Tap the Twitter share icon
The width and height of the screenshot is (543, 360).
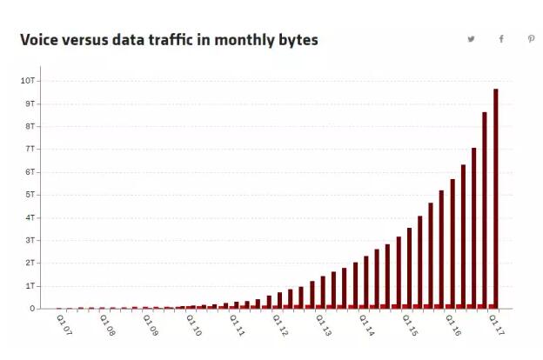[471, 39]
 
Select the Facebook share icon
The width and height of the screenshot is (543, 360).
[501, 39]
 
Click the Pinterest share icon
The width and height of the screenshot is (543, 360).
[531, 39]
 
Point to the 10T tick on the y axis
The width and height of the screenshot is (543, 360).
[28, 81]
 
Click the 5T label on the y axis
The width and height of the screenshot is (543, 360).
[30, 195]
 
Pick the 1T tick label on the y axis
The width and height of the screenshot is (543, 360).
[30, 286]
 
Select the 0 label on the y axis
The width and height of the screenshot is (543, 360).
[32, 309]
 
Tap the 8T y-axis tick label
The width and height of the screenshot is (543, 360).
[30, 126]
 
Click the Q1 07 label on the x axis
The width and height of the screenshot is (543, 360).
[64, 324]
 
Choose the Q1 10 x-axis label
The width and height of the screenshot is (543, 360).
[193, 324]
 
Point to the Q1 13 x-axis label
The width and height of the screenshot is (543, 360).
[324, 324]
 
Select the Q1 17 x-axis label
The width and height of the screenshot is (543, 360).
[496, 324]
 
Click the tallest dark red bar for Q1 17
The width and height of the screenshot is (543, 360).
[496, 198]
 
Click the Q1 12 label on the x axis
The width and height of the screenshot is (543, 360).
[280, 324]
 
